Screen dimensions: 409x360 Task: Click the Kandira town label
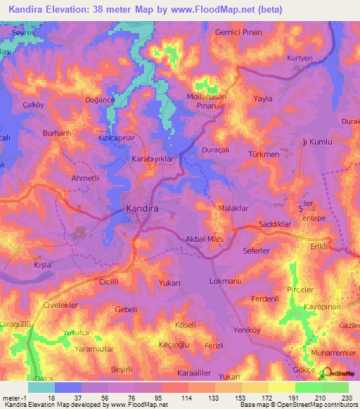141,209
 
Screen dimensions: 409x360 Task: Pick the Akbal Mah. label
204,240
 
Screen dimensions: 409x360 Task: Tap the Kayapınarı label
323,308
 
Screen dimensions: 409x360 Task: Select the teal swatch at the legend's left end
41,387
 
